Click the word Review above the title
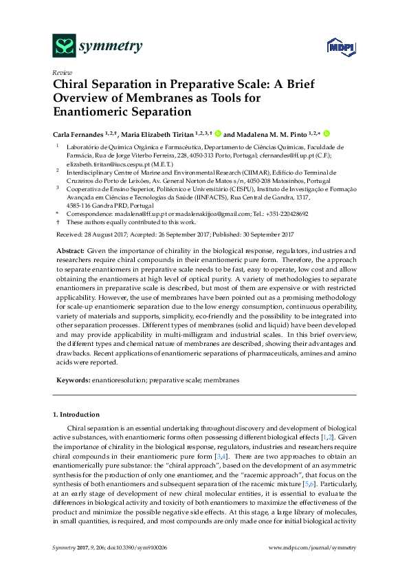tap(61, 72)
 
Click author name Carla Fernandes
tap(78, 134)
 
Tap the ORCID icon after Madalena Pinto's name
tap(327, 133)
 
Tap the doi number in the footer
tap(146, 566)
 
